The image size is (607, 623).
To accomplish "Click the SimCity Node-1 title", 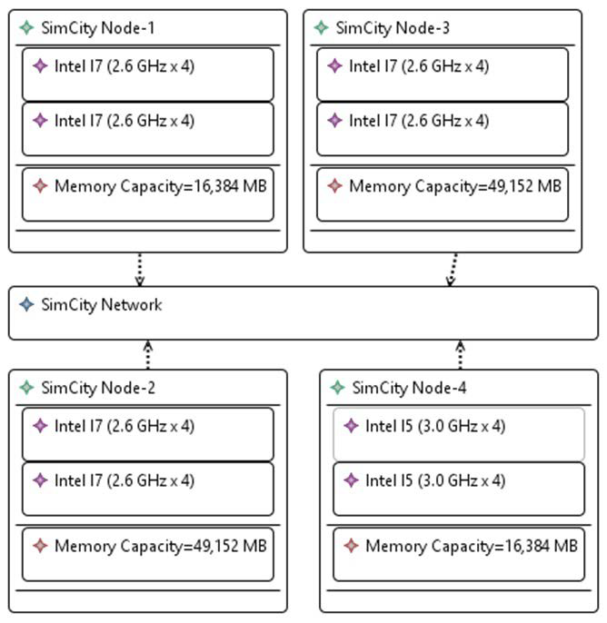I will pos(97,28).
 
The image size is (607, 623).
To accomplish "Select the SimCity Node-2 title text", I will pos(97,388).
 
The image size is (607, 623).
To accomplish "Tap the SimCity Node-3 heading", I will pos(392,28).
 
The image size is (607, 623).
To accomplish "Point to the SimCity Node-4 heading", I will pos(408,388).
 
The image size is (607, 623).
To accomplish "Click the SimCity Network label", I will pos(101,304).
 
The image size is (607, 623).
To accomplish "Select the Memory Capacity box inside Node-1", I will pos(147,193).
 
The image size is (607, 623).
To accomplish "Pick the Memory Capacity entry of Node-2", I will pos(147,553).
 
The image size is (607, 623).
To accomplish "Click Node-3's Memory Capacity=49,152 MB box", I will pos(442,193).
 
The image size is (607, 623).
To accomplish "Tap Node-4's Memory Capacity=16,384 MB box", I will pos(457,553).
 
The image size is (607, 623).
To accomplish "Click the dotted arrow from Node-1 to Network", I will pos(140,270).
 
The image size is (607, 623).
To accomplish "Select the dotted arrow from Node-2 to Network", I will pos(147,355).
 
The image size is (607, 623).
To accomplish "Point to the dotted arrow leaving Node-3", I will pos(451,270).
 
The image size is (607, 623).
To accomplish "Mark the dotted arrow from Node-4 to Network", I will pos(460,355).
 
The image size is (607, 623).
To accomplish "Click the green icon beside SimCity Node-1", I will pos(26,28).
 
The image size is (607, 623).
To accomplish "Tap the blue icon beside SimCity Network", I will pos(26,304).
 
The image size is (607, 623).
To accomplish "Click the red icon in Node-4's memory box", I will pos(351,546).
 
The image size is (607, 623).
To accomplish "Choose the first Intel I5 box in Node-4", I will pos(457,433).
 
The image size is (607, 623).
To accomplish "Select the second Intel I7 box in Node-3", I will pos(442,128).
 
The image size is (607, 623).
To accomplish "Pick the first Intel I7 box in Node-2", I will pos(147,433).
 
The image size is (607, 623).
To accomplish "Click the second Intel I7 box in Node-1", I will pos(147,128).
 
